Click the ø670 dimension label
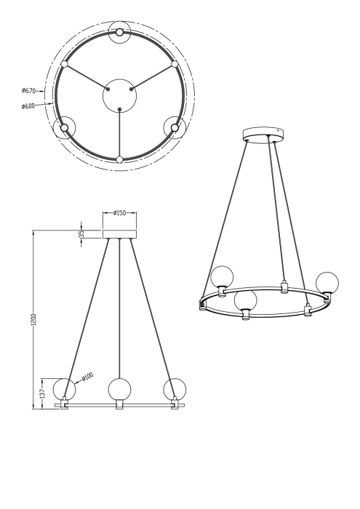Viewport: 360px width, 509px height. (30, 92)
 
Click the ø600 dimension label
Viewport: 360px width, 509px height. (30, 106)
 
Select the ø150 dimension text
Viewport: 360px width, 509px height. (120, 213)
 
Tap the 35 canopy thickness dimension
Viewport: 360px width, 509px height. (82, 233)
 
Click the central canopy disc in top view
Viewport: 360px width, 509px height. (119, 96)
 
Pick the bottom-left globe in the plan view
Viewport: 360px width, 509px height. (64, 128)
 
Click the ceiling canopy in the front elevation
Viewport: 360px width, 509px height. (120, 234)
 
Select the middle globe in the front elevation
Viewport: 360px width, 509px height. (119, 389)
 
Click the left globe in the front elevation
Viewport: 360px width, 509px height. (64, 389)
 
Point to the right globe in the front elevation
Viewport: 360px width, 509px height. (175, 389)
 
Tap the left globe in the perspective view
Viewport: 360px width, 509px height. (222, 277)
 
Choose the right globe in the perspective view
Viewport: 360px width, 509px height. (327, 281)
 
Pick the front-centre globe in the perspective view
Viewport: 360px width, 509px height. (246, 300)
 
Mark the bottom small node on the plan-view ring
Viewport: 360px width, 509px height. (119, 159)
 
